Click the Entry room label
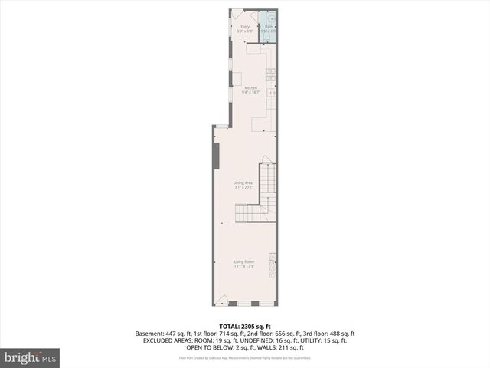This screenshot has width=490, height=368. pos(245,27)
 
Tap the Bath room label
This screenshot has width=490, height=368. pos(269,27)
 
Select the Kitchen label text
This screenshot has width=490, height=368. pos(250,88)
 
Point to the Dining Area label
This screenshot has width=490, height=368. pos(243,182)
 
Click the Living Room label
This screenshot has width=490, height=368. pos(244,261)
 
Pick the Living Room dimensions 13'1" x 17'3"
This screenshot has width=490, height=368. pos(244,266)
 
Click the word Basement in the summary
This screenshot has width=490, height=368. pos(150,333)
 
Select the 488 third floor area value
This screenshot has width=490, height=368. pos(328,333)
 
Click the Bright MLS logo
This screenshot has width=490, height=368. pos(31,356)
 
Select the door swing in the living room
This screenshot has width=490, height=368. pos(222,299)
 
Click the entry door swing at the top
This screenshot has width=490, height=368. pos(237,15)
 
